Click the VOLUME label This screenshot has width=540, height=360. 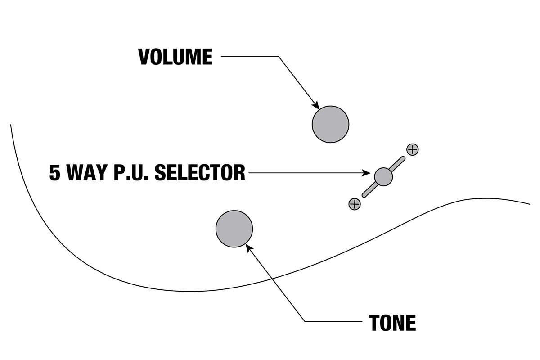175,57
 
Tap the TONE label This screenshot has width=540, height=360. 392,322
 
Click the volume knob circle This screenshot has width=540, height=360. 331,125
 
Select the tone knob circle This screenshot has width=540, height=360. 234,229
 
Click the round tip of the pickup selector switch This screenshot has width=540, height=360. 383,176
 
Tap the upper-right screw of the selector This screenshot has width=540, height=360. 412,149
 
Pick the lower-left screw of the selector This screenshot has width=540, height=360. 355,204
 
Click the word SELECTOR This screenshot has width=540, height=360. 200,173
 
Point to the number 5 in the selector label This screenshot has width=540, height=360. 54,173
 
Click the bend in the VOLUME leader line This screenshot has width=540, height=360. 279,57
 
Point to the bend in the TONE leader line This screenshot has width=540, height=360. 306,321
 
